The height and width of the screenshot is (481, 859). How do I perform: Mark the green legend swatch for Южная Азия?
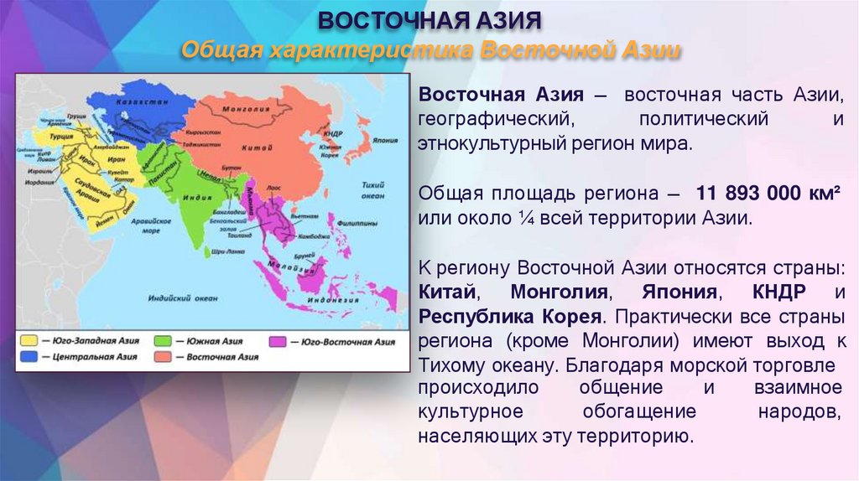click(x=163, y=342)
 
